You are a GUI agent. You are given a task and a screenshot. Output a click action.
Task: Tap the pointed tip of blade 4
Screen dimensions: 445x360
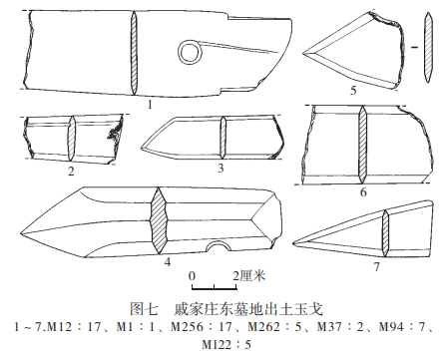pyautogui.click(x=21, y=232)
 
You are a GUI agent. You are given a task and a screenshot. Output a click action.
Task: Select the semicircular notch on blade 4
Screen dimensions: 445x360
pyautogui.click(x=219, y=246)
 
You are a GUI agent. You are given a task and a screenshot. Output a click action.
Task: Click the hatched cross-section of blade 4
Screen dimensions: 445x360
pyautogui.click(x=159, y=222)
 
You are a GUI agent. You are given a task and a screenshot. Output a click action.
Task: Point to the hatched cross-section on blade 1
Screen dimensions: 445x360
pyautogui.click(x=134, y=53)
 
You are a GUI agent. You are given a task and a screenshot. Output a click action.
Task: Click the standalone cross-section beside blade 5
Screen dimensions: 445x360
pyautogui.click(x=428, y=47)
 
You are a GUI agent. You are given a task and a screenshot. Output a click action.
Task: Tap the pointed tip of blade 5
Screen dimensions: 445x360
pyautogui.click(x=303, y=53)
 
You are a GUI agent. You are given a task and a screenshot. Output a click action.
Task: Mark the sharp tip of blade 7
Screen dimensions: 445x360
pyautogui.click(x=292, y=244)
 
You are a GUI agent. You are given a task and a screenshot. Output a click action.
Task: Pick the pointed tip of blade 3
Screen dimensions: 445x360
pyautogui.click(x=142, y=147)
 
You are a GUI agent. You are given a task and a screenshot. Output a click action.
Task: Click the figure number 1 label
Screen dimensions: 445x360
pyautogui.click(x=150, y=105)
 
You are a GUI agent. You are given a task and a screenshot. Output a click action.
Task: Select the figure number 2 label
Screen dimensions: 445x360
pyautogui.click(x=71, y=172)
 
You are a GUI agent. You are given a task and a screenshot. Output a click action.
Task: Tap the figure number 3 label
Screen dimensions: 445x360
pyautogui.click(x=221, y=169)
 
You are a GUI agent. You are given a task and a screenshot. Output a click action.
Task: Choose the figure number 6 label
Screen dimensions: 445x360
pyautogui.click(x=363, y=192)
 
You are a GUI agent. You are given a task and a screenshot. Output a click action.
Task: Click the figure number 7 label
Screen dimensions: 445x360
pyautogui.click(x=376, y=266)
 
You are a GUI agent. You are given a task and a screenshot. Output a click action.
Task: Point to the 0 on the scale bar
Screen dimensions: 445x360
pyautogui.click(x=192, y=276)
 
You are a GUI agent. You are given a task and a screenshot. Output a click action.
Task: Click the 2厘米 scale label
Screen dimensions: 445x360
pyautogui.click(x=248, y=276)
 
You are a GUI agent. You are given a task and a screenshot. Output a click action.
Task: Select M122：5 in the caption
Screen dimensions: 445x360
pyautogui.click(x=226, y=344)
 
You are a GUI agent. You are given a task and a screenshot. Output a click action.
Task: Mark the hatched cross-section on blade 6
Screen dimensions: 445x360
pyautogui.click(x=362, y=145)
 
